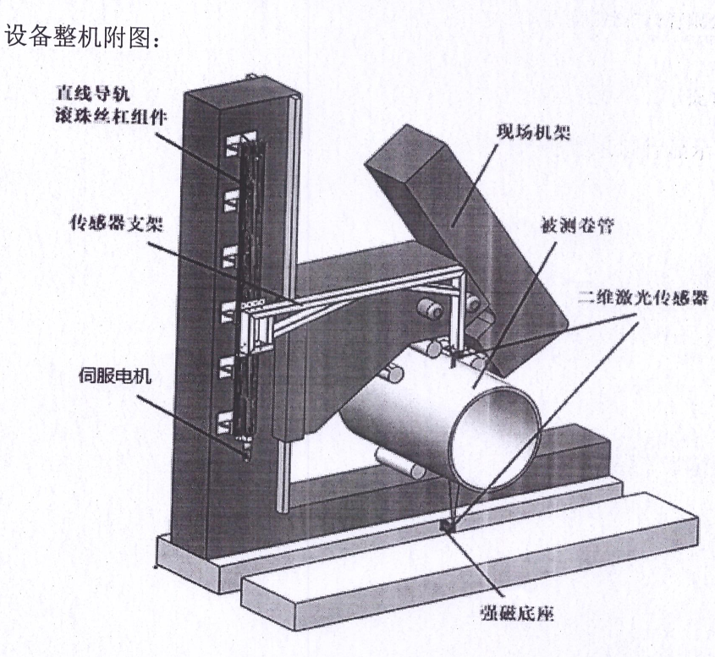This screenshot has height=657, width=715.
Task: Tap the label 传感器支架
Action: (112, 223)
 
